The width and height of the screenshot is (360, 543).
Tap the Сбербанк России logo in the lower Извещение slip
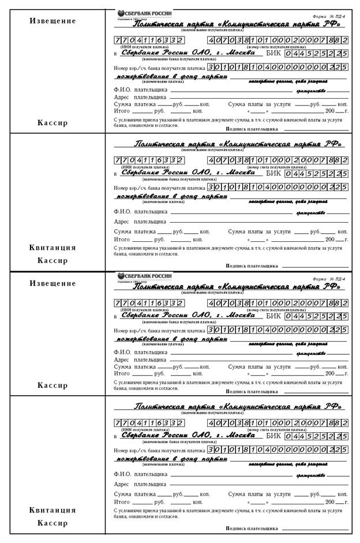[x=144, y=276]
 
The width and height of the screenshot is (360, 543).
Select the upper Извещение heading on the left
[x=53, y=21]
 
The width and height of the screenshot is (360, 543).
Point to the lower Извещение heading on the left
[x=53, y=283]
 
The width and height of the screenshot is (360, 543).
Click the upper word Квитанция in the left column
[x=52, y=248]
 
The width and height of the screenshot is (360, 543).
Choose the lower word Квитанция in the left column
[x=52, y=510]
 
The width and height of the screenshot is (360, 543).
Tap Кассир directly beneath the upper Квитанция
[x=52, y=260]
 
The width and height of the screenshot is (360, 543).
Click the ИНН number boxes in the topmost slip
[x=149, y=40]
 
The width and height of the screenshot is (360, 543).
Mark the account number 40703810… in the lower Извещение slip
[x=277, y=303]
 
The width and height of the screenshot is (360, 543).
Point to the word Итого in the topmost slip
[x=122, y=110]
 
